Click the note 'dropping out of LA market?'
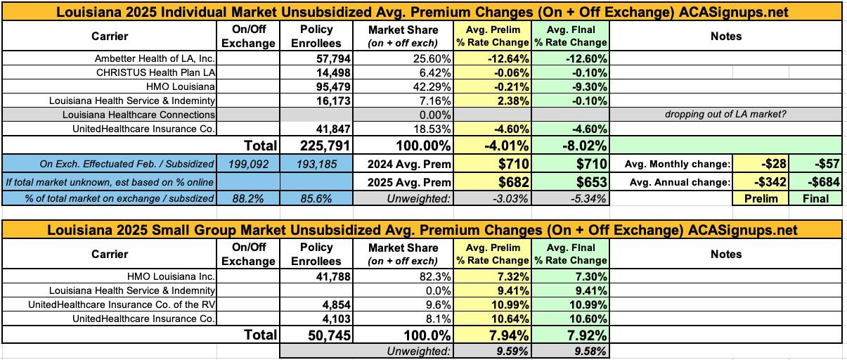click(725, 114)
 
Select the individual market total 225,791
click(316, 147)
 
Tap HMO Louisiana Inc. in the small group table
click(172, 276)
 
